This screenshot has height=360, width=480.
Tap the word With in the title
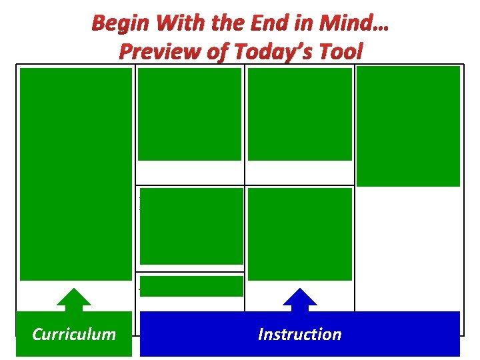click(x=175, y=25)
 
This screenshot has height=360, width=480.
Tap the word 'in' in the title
click(x=301, y=25)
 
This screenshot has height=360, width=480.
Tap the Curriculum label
click(x=73, y=334)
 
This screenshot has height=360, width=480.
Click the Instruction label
click(x=299, y=334)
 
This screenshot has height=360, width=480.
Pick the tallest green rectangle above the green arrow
click(x=75, y=174)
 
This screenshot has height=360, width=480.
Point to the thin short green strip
click(x=191, y=285)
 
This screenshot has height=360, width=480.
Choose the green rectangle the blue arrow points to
click(x=299, y=233)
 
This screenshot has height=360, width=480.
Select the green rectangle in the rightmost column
click(x=408, y=126)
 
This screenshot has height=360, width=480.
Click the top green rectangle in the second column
click(x=189, y=114)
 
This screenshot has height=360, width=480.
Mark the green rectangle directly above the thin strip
click(x=191, y=226)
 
